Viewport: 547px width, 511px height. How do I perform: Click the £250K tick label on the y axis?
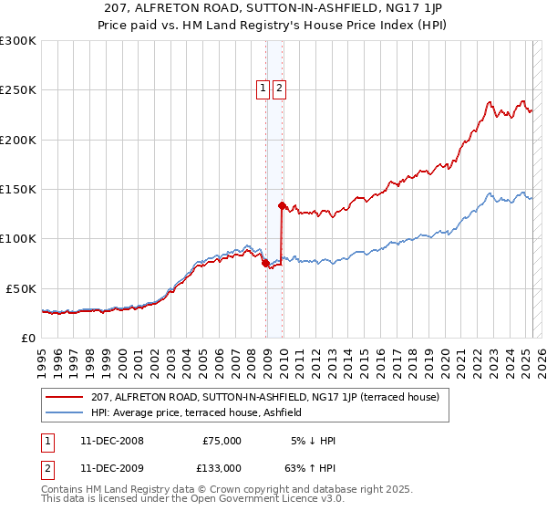click(x=18, y=90)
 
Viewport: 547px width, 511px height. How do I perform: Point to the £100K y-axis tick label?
click(x=18, y=239)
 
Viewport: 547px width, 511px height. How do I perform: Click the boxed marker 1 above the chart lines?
click(x=263, y=89)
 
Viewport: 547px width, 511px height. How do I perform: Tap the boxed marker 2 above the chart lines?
click(x=279, y=89)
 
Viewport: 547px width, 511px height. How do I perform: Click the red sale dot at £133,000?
click(x=282, y=205)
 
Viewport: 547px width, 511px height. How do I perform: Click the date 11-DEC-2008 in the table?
click(x=111, y=441)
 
